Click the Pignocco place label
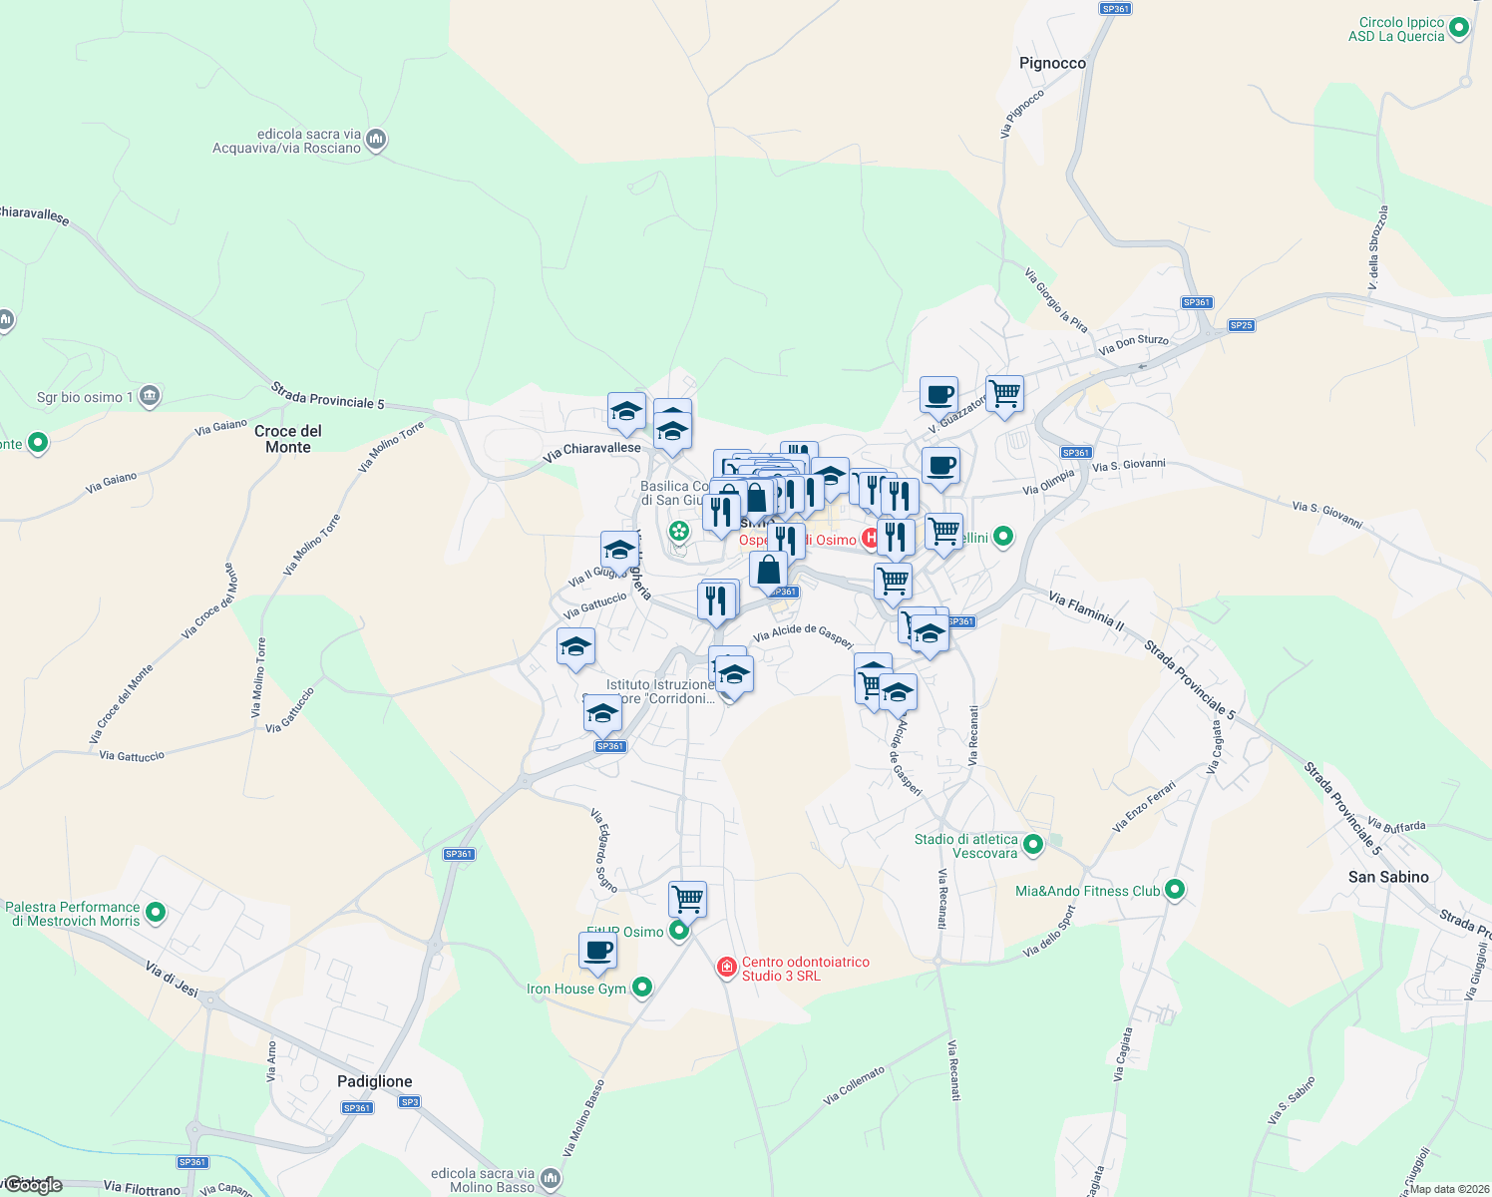tap(1052, 63)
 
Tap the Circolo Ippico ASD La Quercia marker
tap(1459, 28)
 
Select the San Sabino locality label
tap(1388, 877)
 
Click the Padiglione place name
tap(374, 1081)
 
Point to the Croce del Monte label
tap(288, 439)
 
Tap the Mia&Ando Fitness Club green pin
tap(1175, 889)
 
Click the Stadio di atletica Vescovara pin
tap(1033, 846)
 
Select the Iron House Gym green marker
tap(642, 988)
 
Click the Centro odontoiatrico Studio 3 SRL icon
tap(727, 968)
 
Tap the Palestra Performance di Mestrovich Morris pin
tap(156, 912)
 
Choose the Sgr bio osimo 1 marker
tap(150, 396)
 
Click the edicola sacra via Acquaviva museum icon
tap(376, 139)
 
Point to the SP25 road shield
tap(1241, 325)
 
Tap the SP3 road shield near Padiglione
tap(409, 1102)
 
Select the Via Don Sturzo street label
tap(1133, 345)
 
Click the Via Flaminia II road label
tap(1086, 610)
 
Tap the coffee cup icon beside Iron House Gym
tap(597, 950)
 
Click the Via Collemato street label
tap(854, 1085)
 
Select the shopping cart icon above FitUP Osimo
tap(687, 898)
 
